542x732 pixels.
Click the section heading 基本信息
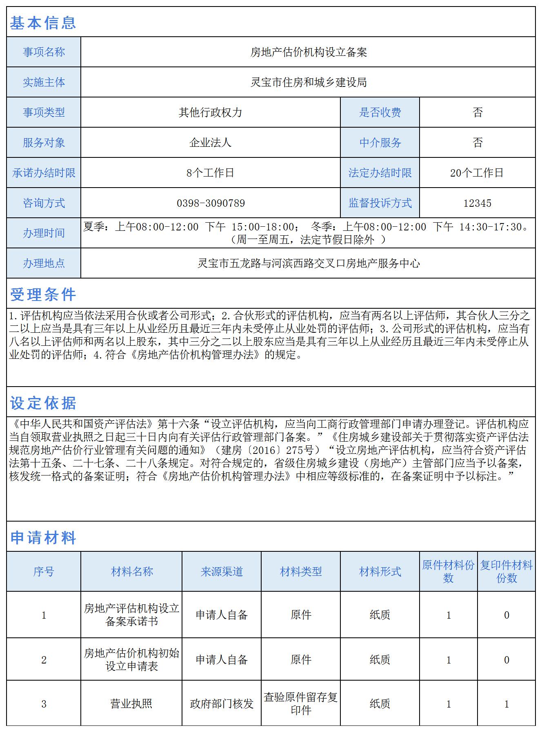(43, 23)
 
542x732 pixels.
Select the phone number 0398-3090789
(211, 203)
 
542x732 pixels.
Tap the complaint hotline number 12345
(477, 203)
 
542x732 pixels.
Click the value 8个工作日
(210, 173)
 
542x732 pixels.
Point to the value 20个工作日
(477, 173)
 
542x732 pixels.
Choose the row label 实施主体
(44, 82)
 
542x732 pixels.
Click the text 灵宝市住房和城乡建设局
(308, 82)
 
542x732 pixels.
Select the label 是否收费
(380, 113)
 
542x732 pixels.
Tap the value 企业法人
(210, 143)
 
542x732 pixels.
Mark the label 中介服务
(380, 143)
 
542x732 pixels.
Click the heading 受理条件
(43, 294)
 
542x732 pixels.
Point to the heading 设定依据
(43, 403)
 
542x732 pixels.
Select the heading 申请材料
(43, 537)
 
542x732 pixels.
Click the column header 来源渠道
(222, 571)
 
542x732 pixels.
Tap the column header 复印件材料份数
(506, 571)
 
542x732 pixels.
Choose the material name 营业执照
(131, 703)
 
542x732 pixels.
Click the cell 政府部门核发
(222, 703)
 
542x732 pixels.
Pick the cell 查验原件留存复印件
(301, 703)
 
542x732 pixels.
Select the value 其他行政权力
(210, 113)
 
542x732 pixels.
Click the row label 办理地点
(44, 263)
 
